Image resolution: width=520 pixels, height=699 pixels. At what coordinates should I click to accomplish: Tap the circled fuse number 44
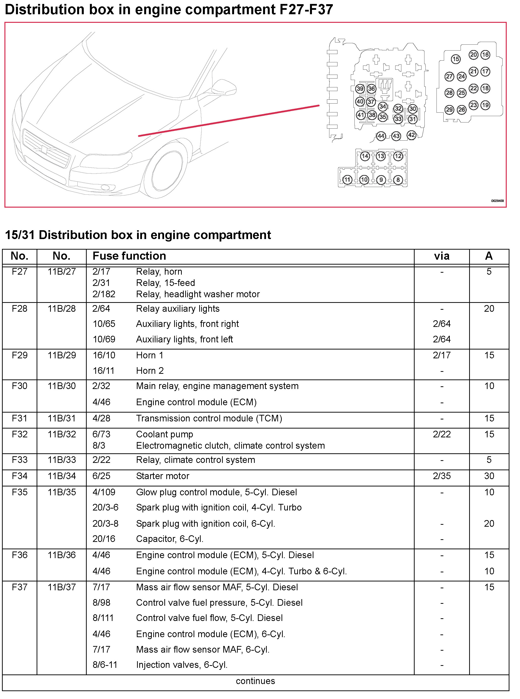pos(381,136)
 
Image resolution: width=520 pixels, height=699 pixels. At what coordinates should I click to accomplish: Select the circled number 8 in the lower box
pos(398,180)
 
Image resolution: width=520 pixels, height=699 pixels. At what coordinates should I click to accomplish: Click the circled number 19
pos(485,105)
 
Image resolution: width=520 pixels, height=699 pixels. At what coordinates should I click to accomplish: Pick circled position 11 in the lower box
pos(347,180)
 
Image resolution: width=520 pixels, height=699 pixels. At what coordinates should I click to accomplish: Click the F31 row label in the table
pos(19,418)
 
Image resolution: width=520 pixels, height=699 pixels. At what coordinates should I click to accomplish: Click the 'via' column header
pos(442,256)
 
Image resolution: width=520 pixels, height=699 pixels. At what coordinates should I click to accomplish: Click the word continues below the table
pos(255,681)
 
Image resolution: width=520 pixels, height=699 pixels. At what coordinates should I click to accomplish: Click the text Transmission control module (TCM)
pos(209,418)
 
